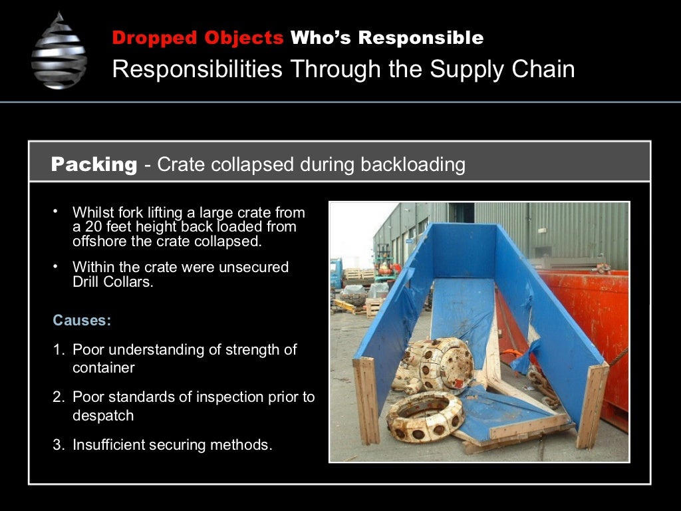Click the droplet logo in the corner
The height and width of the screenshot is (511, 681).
click(59, 51)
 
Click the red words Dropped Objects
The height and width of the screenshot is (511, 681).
click(198, 38)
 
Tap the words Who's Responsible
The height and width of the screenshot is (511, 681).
click(386, 38)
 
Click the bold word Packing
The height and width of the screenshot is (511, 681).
click(94, 164)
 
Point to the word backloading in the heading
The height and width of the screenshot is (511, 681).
click(412, 165)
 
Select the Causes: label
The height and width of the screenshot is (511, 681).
click(82, 320)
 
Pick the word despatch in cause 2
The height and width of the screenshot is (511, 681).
click(103, 415)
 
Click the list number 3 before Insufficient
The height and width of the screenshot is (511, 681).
click(58, 445)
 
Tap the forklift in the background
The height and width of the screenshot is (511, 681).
click(384, 262)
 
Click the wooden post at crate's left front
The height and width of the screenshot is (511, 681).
click(366, 400)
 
